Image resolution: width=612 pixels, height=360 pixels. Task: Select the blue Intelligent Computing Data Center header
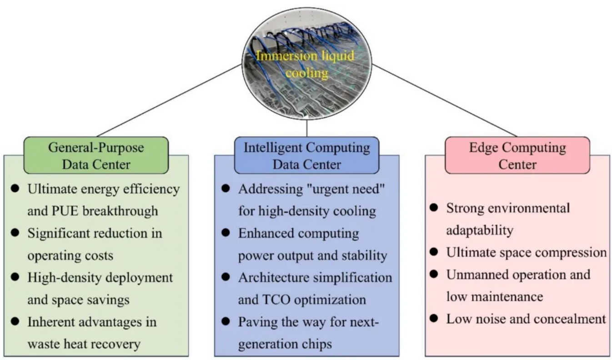[306, 155]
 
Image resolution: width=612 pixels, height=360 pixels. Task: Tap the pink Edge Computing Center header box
[517, 155]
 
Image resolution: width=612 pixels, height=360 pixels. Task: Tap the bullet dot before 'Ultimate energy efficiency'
[15, 189]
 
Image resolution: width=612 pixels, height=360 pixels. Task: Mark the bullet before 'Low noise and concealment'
[434, 319]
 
